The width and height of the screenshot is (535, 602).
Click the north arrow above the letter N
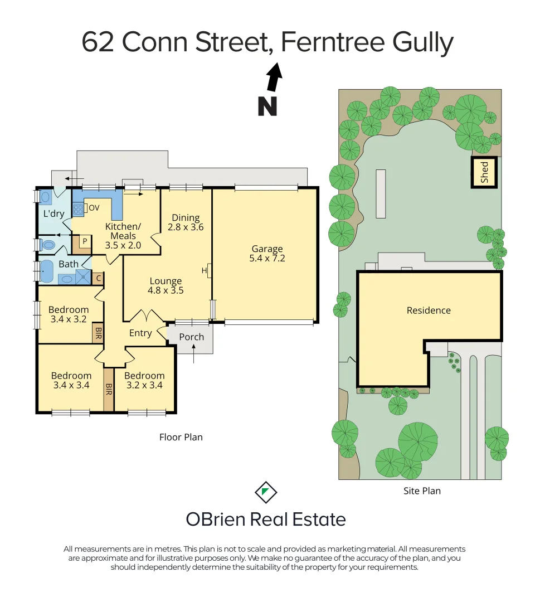coord(274,77)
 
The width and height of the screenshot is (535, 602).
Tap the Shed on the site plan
coord(484,172)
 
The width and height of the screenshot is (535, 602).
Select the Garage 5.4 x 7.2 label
coord(267,254)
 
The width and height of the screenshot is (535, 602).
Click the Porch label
coord(191,337)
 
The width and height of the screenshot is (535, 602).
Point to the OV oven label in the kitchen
coord(94,208)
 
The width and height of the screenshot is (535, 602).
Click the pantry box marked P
coord(84,241)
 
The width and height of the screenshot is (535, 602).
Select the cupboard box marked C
coord(98,278)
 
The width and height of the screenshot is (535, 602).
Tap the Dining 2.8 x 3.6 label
coord(186,222)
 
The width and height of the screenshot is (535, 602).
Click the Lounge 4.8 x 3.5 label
coord(166,286)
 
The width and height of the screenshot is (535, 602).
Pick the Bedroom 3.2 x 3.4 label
coord(144,380)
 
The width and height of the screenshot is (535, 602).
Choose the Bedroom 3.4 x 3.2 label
coord(68,314)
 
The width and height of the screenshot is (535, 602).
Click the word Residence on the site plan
coord(429,310)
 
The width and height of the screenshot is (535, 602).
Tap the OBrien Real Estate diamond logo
coord(266,492)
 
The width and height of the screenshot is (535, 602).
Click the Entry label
coord(140,333)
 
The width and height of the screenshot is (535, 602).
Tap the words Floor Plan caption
coord(181,437)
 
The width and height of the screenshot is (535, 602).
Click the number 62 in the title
coord(99,42)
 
